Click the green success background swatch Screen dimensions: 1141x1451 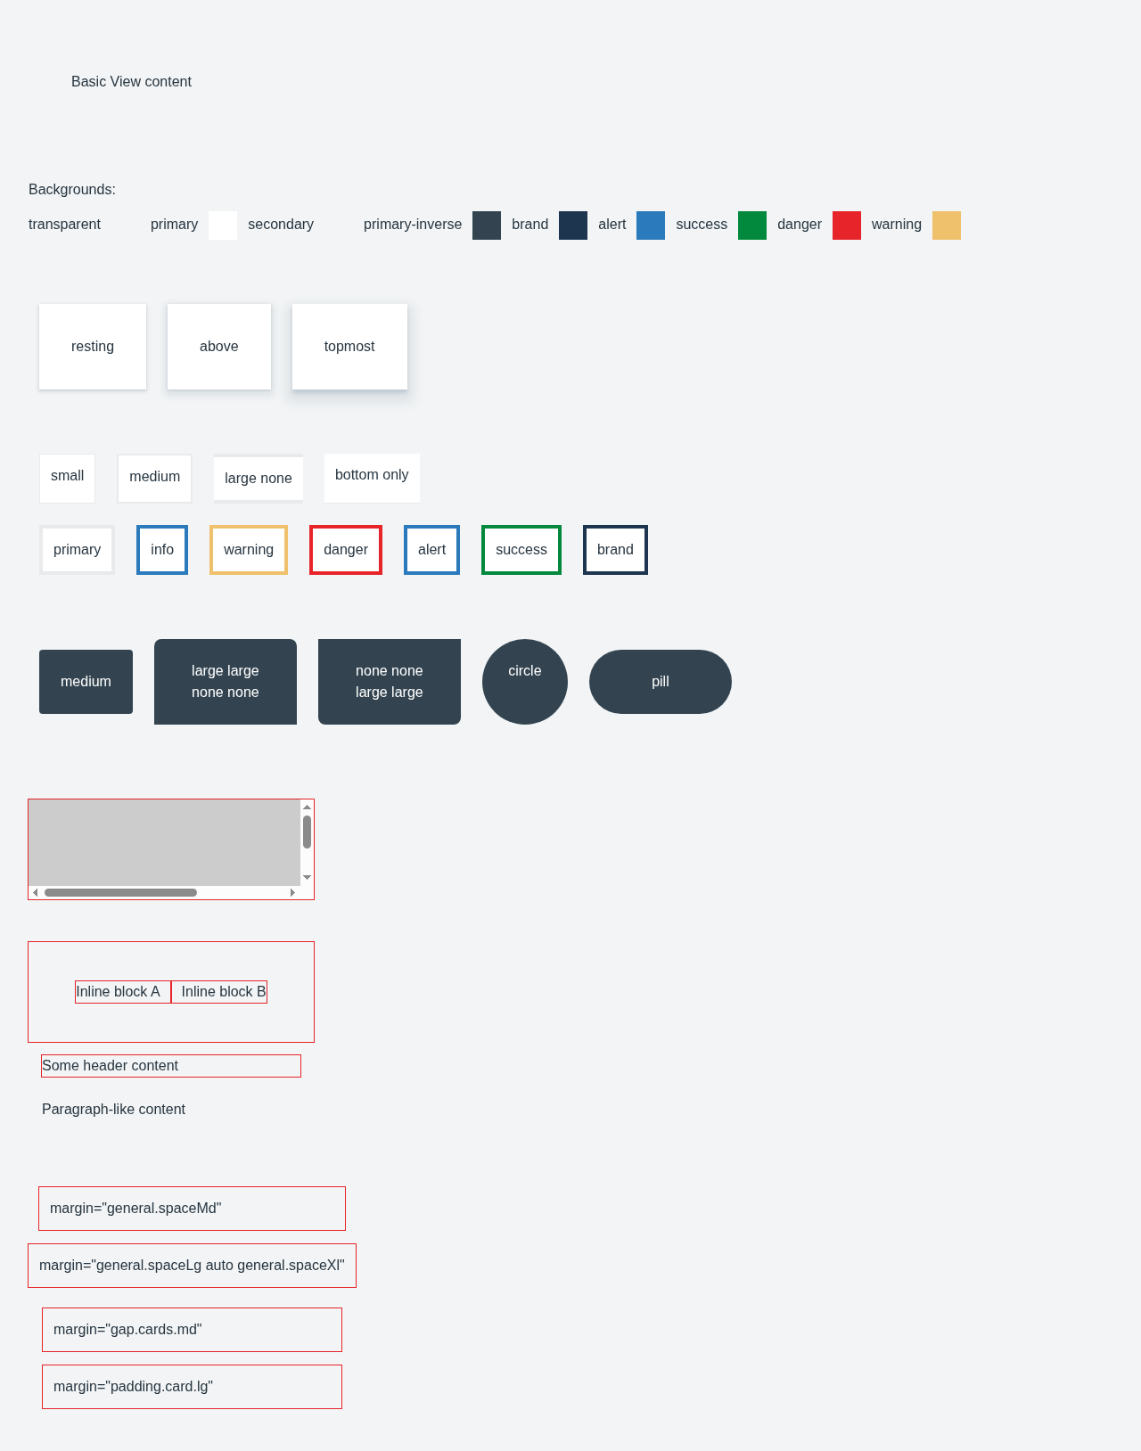coord(751,225)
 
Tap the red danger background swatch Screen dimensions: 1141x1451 coord(846,225)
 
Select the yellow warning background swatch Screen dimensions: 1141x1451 coord(946,225)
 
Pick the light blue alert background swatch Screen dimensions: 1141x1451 coord(651,225)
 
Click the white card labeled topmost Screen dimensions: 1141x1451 coord(349,347)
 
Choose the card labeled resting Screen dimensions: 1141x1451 coord(93,347)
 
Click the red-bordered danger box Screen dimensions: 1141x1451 coord(346,550)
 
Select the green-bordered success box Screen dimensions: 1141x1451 coord(521,550)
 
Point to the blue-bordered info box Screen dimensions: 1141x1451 coord(162,550)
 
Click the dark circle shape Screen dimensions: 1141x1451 coord(525,682)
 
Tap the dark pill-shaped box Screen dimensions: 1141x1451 coord(661,682)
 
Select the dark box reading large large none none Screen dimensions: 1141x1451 coord(226,682)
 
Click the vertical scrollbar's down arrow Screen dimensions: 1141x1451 coord(307,877)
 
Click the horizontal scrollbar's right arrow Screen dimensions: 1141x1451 coord(292,893)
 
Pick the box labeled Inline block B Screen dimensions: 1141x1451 coord(219,992)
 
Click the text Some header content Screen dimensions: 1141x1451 coord(110,1065)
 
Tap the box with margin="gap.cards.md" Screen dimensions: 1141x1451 coord(193,1330)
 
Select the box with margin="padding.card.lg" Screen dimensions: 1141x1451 coord(193,1387)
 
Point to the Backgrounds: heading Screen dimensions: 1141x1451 coord(72,190)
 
